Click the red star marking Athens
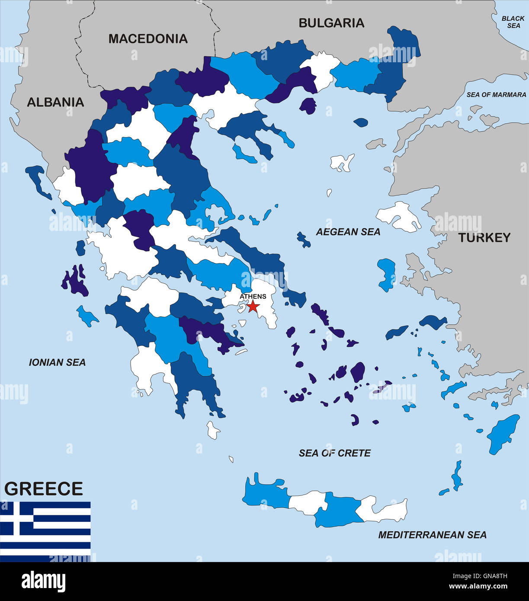[x=253, y=307]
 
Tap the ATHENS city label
[x=253, y=296]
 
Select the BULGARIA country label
[x=331, y=23]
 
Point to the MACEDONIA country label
[x=148, y=39]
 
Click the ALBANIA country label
[x=55, y=102]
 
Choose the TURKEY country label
[x=484, y=237]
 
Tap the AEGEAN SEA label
[x=348, y=232]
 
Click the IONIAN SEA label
[x=57, y=362]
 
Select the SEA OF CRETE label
[x=335, y=453]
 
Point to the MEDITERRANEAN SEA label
[x=432, y=535]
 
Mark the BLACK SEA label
[x=513, y=22]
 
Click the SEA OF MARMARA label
[x=496, y=95]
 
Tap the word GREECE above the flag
[x=44, y=489]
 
